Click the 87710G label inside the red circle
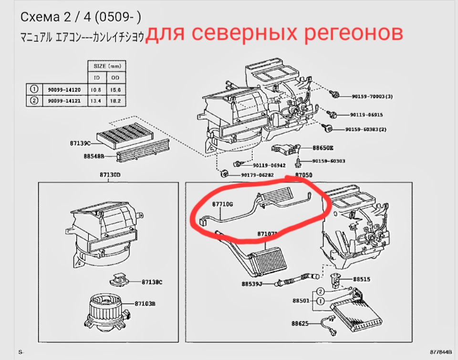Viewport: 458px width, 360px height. [x=222, y=204]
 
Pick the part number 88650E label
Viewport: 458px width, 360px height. [x=323, y=148]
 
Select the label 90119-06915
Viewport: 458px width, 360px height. [x=366, y=115]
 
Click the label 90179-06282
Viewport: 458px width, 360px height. [x=258, y=175]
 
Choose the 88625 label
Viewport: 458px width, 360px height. [x=301, y=324]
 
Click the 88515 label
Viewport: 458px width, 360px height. [x=361, y=279]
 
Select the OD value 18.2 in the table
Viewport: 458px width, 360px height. [x=115, y=101]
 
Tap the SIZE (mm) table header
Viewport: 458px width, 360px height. [x=106, y=66]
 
